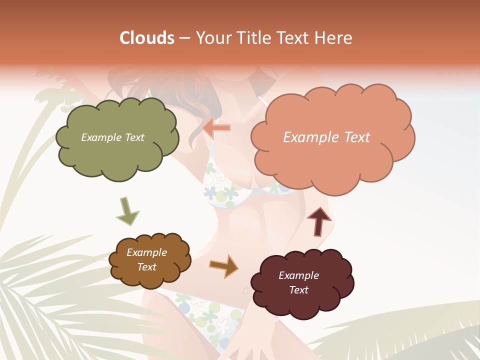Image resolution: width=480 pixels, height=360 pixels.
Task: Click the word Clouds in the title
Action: point(147,38)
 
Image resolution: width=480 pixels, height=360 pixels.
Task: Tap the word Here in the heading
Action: point(334,38)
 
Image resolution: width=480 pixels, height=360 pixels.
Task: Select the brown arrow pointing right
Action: point(223,265)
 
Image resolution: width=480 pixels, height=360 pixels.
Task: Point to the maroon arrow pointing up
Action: point(318,221)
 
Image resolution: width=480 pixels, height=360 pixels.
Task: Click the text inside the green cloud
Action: point(112,137)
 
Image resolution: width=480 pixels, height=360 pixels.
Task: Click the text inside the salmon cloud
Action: point(326,137)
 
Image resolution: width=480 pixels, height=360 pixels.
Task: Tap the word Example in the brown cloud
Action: point(146,252)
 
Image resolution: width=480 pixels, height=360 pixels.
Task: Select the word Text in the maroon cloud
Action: point(298,290)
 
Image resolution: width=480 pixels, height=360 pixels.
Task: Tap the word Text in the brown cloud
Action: point(146,267)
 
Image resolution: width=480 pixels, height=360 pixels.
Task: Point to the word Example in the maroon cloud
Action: point(298,275)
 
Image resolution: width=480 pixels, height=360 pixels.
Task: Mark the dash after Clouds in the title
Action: point(184,38)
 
